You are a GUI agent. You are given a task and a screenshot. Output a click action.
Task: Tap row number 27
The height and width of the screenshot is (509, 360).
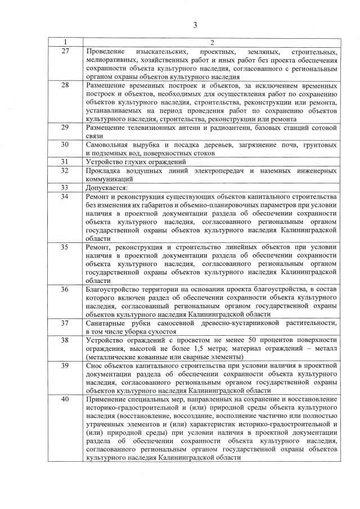coord(65,51)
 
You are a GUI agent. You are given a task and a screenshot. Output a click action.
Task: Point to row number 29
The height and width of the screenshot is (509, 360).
coord(65,128)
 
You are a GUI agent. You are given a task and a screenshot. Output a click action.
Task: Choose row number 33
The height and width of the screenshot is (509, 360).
coord(65,187)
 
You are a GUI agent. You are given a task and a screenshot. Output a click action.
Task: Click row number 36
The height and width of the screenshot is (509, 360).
coord(65,289)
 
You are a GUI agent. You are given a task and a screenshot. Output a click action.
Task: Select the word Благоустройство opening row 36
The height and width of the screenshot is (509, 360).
coord(115,289)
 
